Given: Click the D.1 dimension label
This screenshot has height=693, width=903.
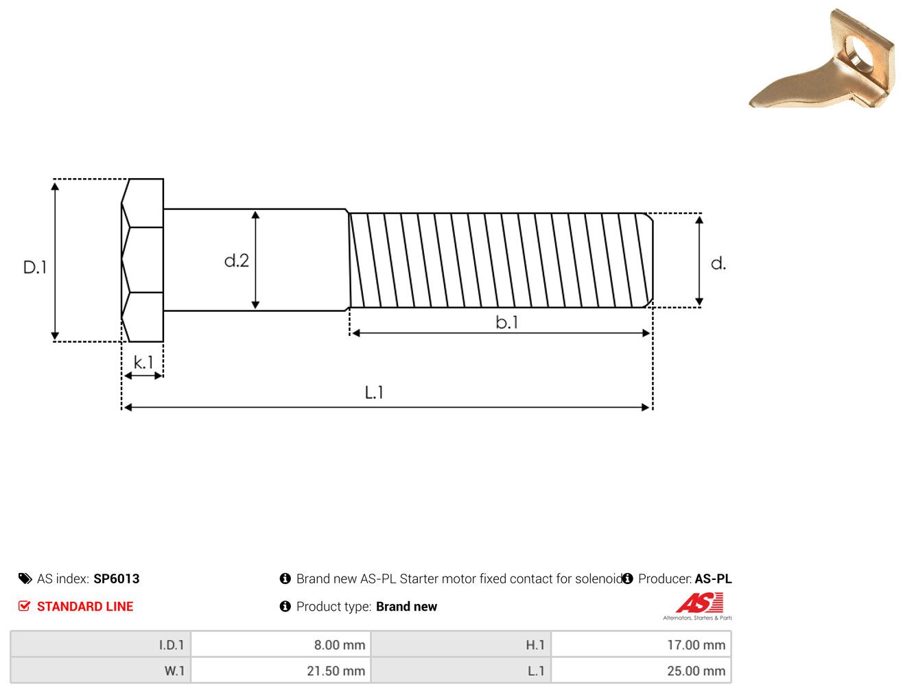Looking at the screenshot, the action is coord(35,267).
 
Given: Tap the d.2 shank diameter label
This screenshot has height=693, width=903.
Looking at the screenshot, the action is coord(237,260).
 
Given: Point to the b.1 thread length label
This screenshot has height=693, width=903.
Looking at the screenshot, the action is coord(506,322).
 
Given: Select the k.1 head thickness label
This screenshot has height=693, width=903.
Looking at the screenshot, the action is coord(143,363).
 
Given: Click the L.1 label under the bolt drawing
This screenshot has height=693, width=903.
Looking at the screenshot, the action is coord(374,392).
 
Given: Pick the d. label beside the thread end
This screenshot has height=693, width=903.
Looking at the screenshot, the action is coord(718,263).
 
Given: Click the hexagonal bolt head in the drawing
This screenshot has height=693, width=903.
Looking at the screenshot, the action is coord(142,260).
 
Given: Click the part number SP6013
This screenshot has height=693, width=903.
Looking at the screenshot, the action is coord(117,579).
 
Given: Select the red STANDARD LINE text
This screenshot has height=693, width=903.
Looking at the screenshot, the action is coord(85,606).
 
